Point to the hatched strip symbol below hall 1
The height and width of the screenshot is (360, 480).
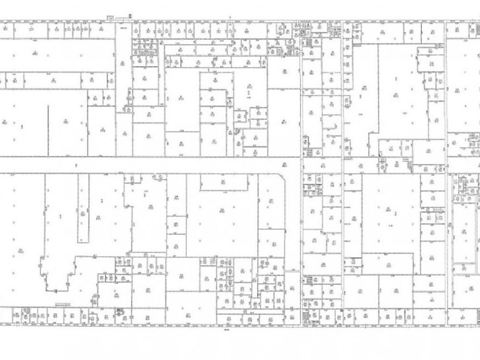(63, 303)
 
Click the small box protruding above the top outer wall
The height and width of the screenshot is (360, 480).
(110, 18)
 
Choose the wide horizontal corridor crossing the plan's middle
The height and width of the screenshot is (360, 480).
(144, 165)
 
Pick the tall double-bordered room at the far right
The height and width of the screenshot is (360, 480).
(464, 235)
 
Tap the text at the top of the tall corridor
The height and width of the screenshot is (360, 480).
(123, 28)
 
